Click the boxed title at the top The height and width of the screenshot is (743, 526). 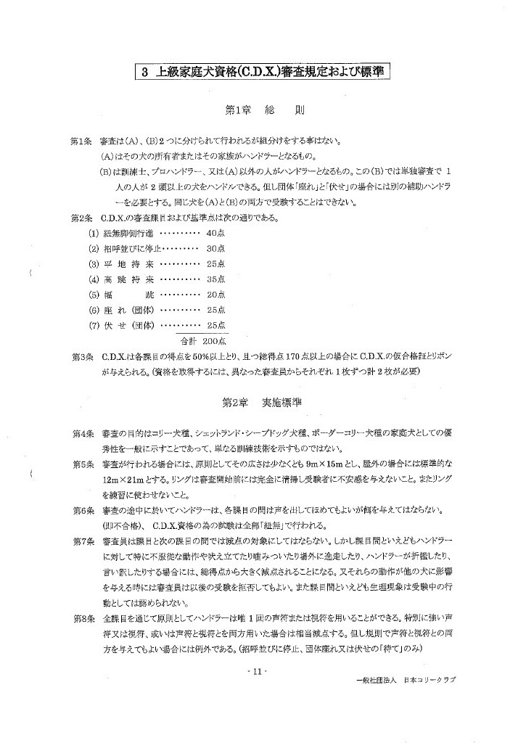tap(264, 72)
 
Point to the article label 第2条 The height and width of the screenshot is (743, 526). tap(81, 217)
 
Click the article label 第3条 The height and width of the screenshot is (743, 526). tap(81, 357)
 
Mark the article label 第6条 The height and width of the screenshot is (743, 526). tap(81, 510)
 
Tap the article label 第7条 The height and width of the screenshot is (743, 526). tap(81, 541)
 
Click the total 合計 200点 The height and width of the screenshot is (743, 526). tap(203, 340)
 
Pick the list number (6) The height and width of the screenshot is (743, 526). tap(94, 309)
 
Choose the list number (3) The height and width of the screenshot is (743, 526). tap(94, 263)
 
